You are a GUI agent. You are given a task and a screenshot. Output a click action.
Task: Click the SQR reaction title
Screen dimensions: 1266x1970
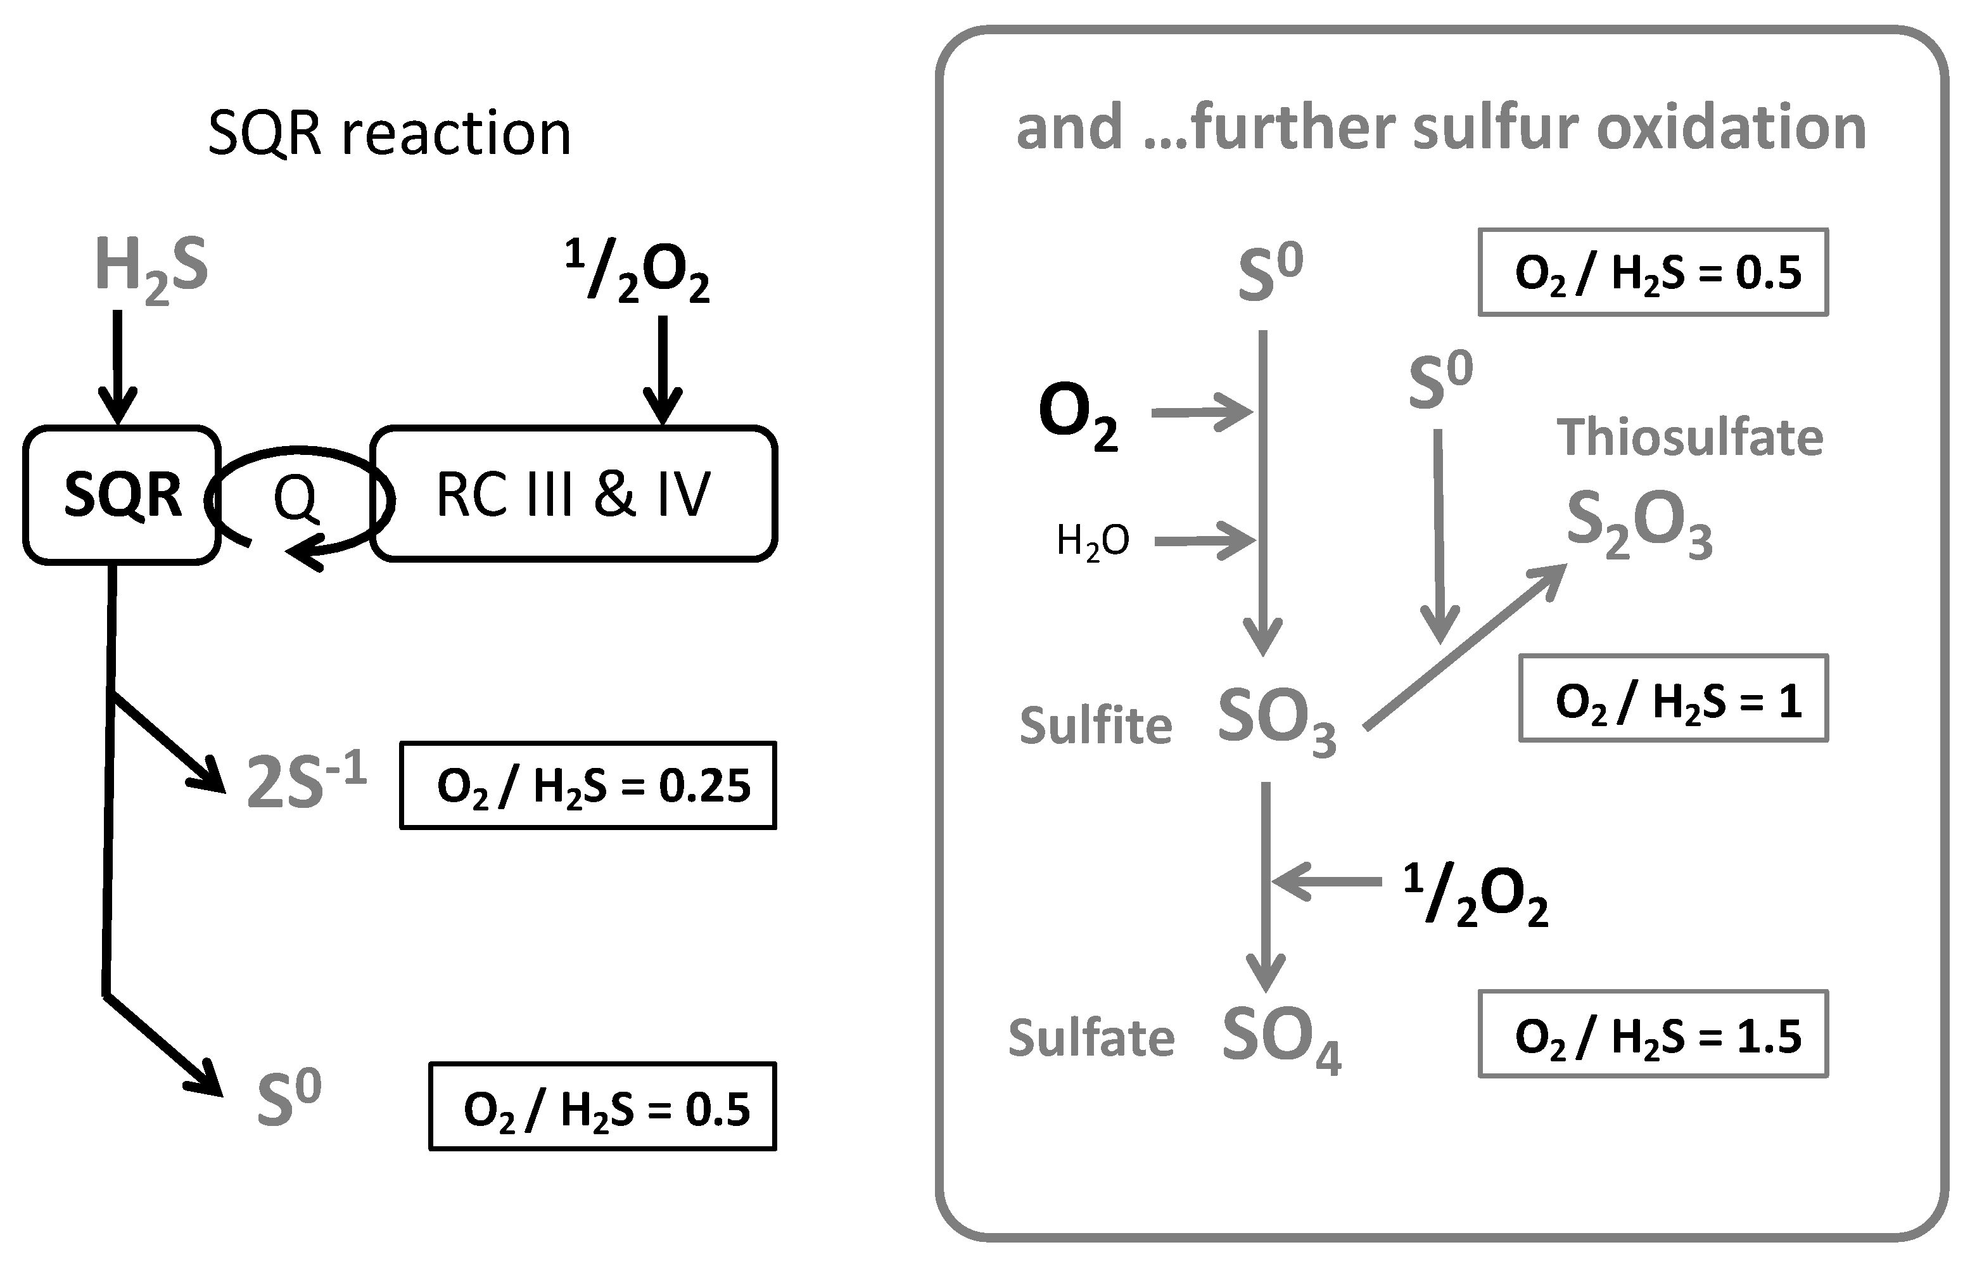(x=389, y=133)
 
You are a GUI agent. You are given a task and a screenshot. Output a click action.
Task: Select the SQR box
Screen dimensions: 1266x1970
(x=122, y=495)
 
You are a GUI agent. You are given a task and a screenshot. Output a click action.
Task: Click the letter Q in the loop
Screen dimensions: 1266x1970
(x=295, y=497)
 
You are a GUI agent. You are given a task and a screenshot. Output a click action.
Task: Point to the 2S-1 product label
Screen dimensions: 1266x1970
(x=306, y=783)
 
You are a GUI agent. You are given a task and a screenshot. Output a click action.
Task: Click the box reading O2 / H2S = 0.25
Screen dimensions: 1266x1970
(x=588, y=786)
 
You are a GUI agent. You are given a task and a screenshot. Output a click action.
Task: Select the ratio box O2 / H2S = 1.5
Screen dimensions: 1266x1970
(x=1653, y=1035)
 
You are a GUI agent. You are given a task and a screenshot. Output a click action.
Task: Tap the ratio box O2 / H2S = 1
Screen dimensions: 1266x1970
(x=1674, y=700)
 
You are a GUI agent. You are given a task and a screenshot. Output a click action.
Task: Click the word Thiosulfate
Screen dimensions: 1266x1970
(x=1690, y=437)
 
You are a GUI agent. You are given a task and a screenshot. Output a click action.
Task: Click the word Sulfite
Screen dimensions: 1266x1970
(x=1096, y=726)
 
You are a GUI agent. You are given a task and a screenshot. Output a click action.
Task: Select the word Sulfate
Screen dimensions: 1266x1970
(x=1091, y=1039)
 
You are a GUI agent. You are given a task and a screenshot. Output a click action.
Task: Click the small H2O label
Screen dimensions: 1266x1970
(x=1092, y=542)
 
